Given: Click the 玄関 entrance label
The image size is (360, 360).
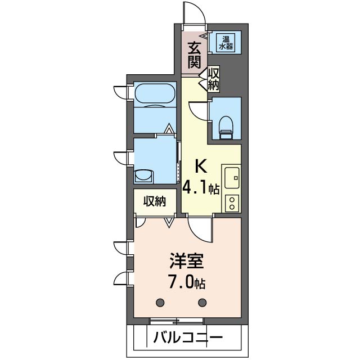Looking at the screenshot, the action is tap(194, 55).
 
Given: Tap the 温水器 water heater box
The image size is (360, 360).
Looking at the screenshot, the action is tap(226, 43).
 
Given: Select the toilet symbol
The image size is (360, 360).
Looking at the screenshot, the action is tap(226, 128).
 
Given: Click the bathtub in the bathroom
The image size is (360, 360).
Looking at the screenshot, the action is tap(155, 94).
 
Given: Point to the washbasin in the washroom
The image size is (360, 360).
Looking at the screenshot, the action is tap(144, 176).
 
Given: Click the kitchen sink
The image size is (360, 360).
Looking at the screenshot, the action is tap(232, 178).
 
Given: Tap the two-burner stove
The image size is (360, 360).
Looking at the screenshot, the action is tap(232, 203).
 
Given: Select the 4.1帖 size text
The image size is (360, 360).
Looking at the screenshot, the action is tap(201, 189).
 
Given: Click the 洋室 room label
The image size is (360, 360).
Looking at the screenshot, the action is tap(186, 261).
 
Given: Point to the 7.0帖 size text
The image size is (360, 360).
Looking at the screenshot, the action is tap(187, 282).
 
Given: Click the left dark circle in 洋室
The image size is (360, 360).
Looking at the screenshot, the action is tap(160, 303).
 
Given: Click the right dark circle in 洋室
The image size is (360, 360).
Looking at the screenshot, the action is tap(202, 303).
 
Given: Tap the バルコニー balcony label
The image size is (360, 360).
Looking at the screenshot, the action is tap(188, 337).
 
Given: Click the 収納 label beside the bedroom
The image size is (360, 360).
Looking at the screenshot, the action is tap(155, 201).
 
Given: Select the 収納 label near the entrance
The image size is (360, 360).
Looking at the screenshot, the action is tap(213, 79).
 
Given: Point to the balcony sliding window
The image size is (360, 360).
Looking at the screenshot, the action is tap(177, 321).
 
